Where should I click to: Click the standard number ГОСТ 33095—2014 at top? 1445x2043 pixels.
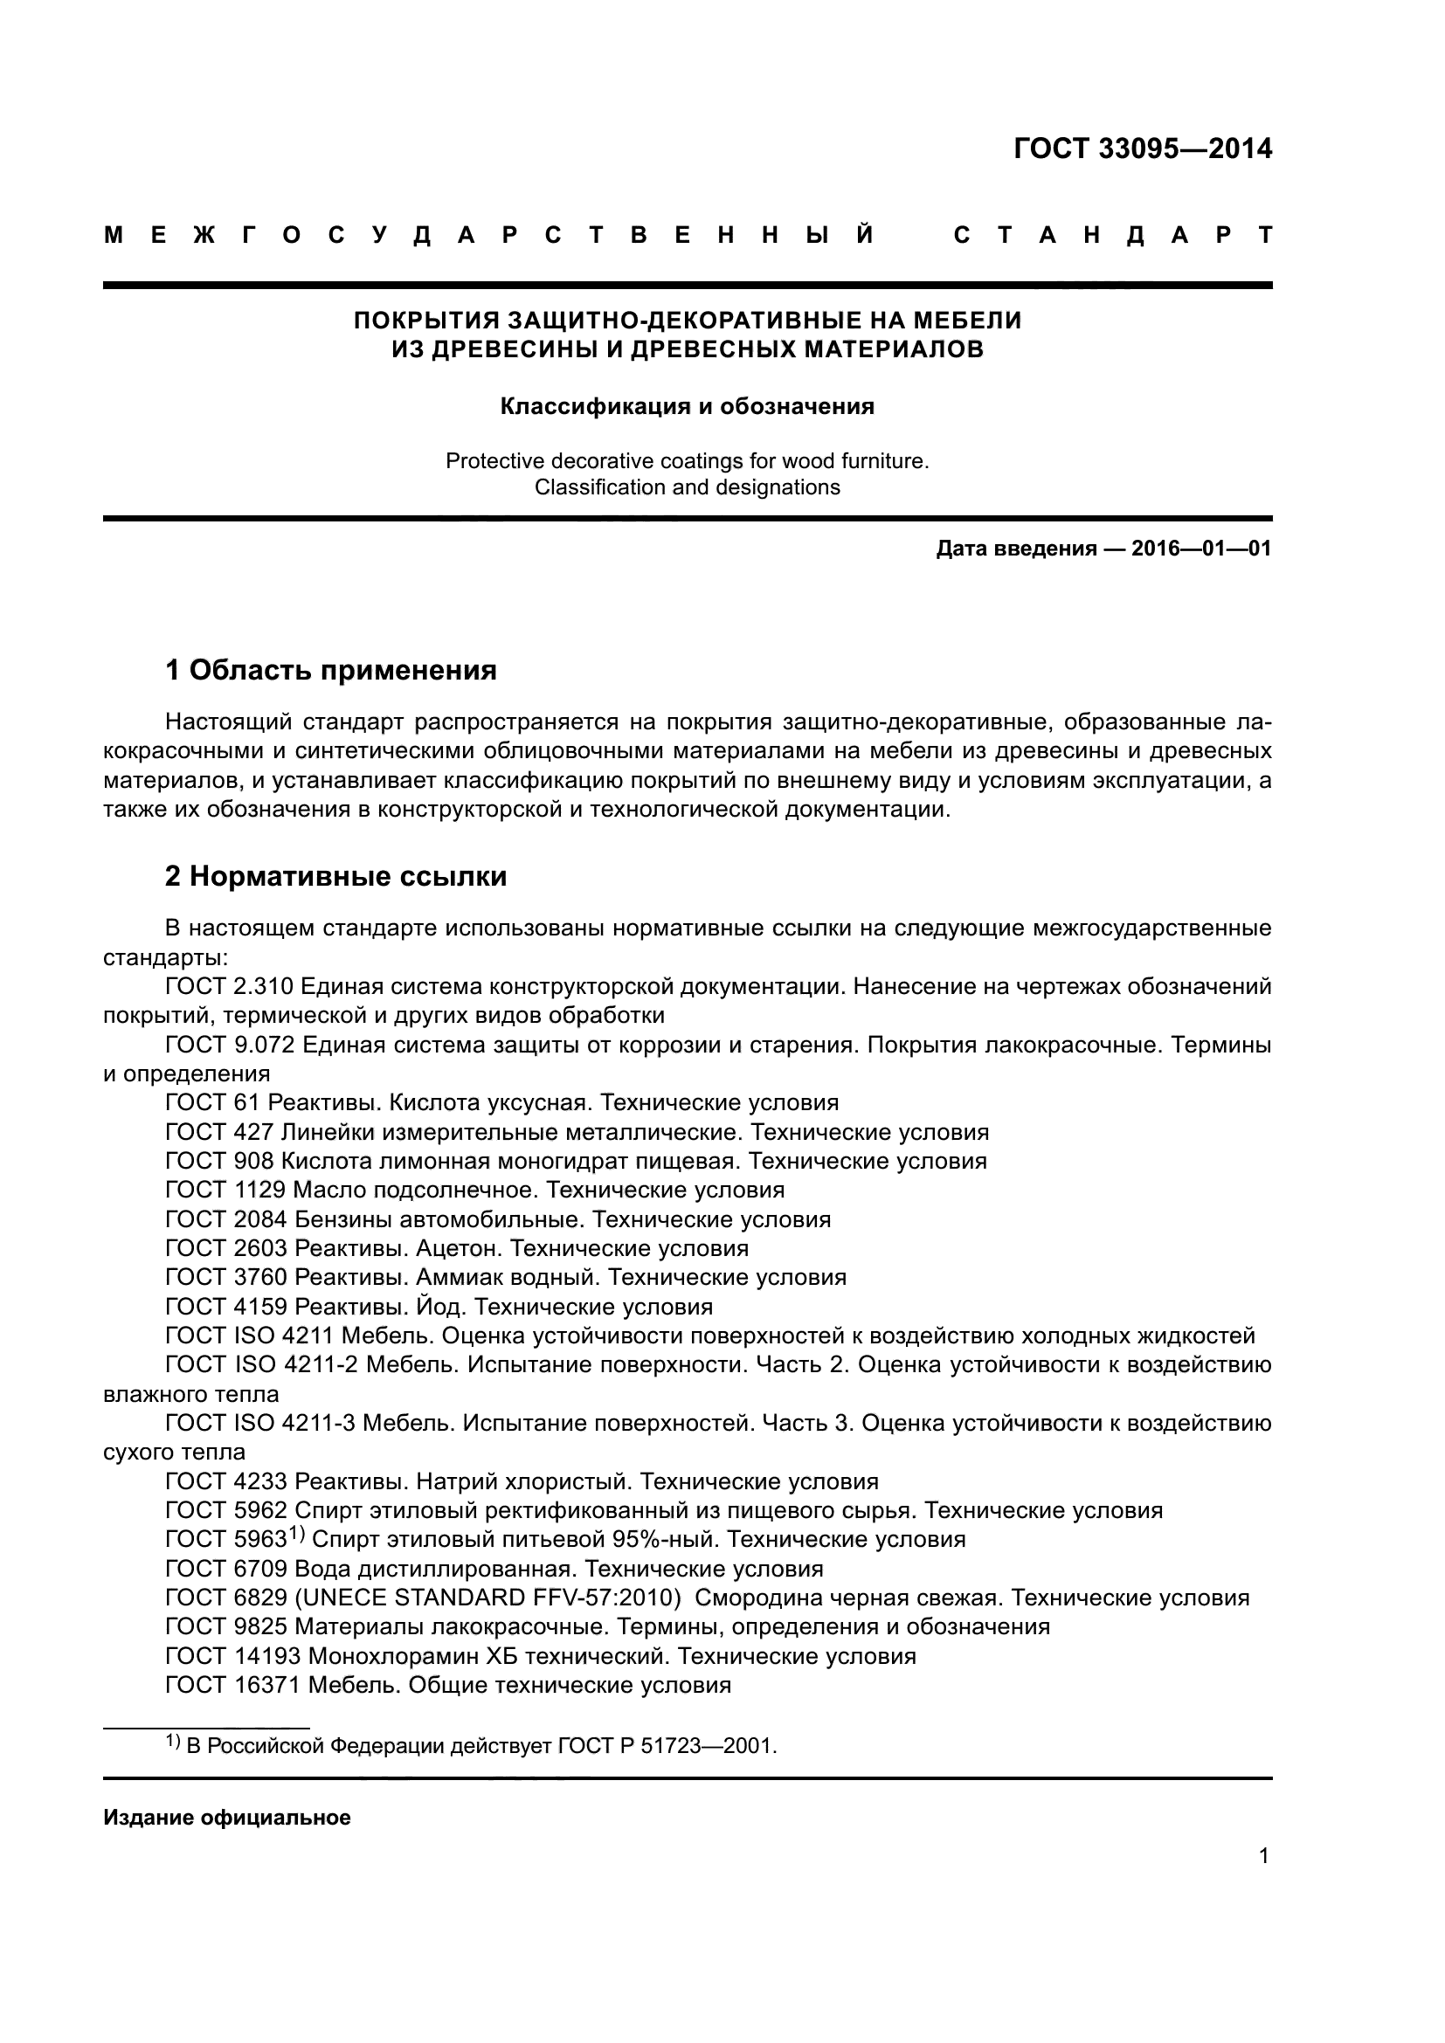coord(1143,148)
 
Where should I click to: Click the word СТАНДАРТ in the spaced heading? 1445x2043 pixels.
coord(1112,236)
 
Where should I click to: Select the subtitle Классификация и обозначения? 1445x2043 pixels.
coord(687,407)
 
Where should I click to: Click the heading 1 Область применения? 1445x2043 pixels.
coord(331,670)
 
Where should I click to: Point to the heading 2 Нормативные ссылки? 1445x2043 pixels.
coord(335,876)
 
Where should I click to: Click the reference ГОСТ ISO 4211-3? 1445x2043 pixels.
coord(260,1424)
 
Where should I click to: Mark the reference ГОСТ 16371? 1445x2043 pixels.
coord(233,1685)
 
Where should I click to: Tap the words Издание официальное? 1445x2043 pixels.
coord(227,1818)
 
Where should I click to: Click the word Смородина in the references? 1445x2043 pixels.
coord(759,1598)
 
